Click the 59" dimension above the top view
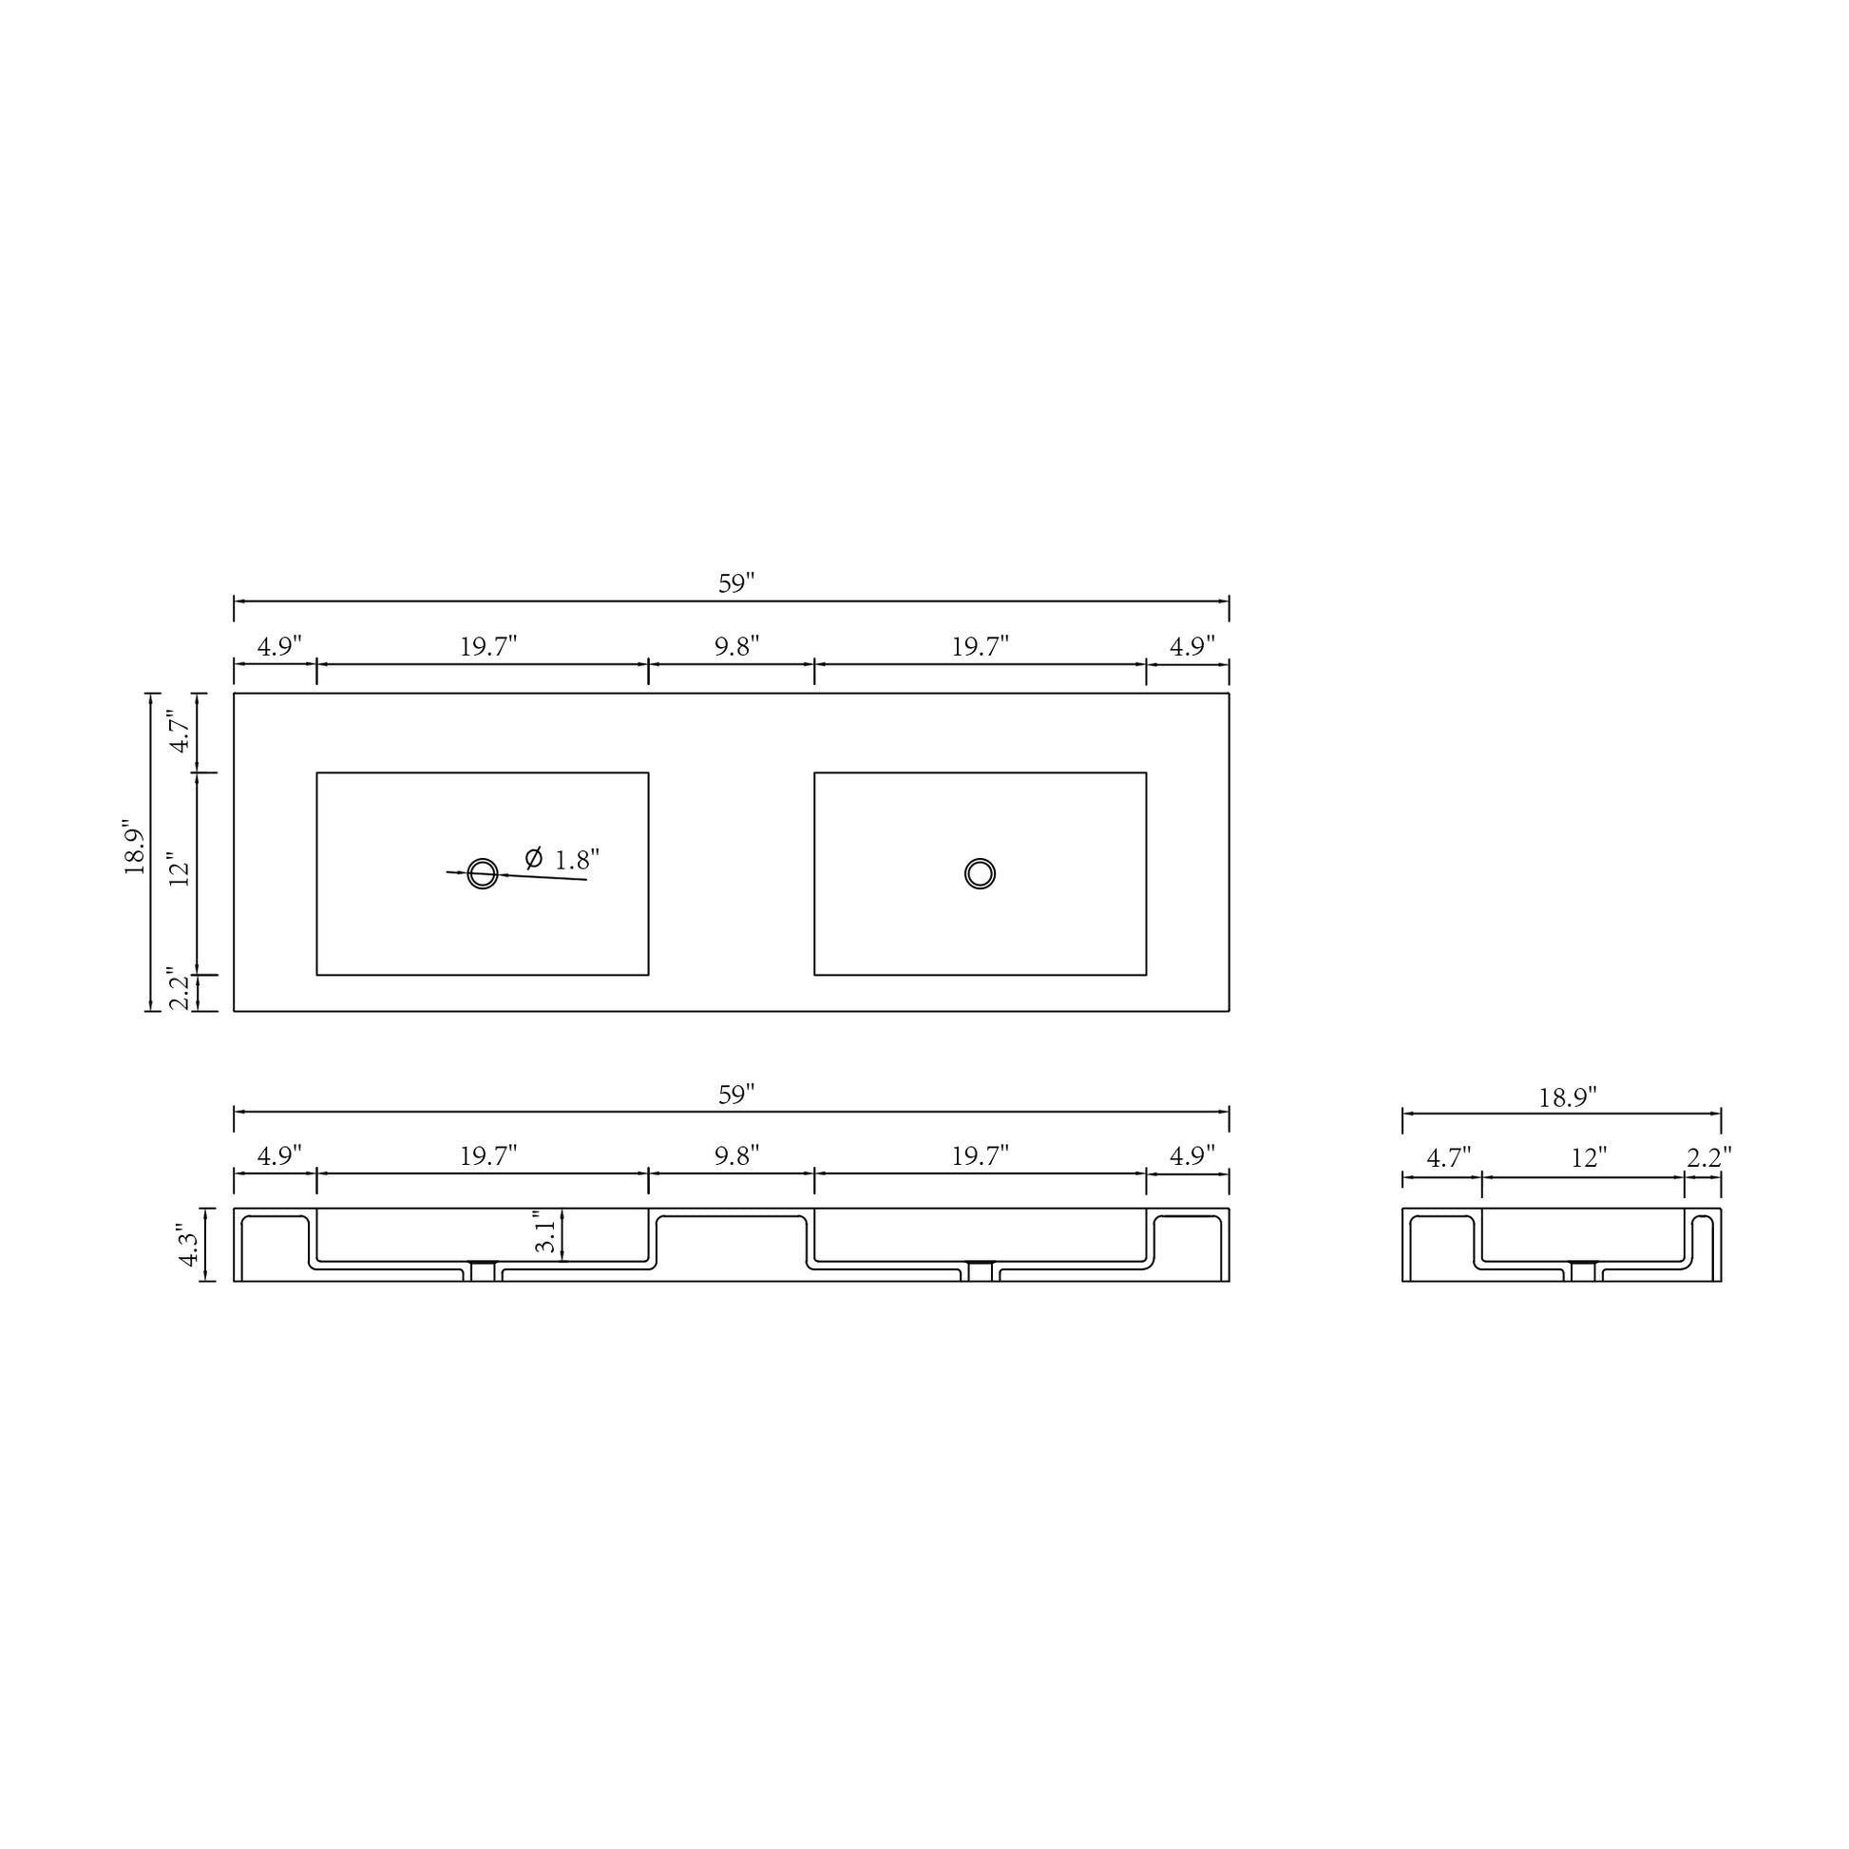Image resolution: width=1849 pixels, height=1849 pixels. tap(736, 583)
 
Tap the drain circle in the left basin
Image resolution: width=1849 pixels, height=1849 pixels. tap(483, 873)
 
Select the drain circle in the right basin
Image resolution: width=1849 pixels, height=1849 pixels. tap(979, 873)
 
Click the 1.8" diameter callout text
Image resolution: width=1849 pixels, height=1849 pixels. tap(577, 861)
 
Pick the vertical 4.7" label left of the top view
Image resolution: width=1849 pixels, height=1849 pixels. tap(181, 732)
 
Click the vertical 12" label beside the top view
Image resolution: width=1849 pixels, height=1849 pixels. tap(181, 870)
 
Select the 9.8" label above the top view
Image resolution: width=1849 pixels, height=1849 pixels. tap(736, 647)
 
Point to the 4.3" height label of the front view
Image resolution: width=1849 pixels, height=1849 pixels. tap(188, 1249)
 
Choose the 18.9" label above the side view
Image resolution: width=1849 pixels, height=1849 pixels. tap(1568, 1097)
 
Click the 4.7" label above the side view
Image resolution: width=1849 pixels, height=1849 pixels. tap(1448, 1159)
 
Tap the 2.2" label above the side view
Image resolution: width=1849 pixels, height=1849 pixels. tap(1708, 1158)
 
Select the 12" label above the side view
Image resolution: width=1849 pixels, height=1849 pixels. tap(1589, 1159)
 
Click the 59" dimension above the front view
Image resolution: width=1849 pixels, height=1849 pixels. tap(736, 1095)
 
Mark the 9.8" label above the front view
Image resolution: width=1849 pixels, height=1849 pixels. tap(736, 1156)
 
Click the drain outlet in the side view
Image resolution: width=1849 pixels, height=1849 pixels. tap(1583, 1271)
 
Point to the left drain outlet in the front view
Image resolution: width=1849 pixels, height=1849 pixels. tap(483, 1271)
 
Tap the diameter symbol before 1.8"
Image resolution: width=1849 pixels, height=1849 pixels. tap(534, 857)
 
